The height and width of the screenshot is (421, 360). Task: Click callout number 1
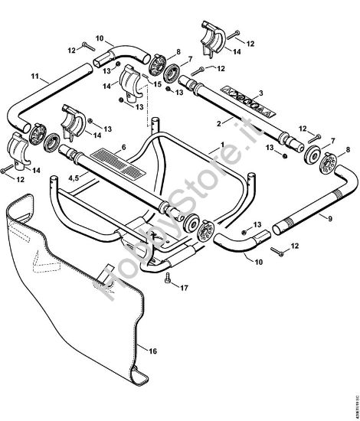point(222,145)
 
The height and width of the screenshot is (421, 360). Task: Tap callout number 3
point(260,93)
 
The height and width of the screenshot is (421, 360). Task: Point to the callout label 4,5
point(74,177)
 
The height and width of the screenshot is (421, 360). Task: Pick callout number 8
point(178,52)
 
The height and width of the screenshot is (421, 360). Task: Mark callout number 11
point(34,77)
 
